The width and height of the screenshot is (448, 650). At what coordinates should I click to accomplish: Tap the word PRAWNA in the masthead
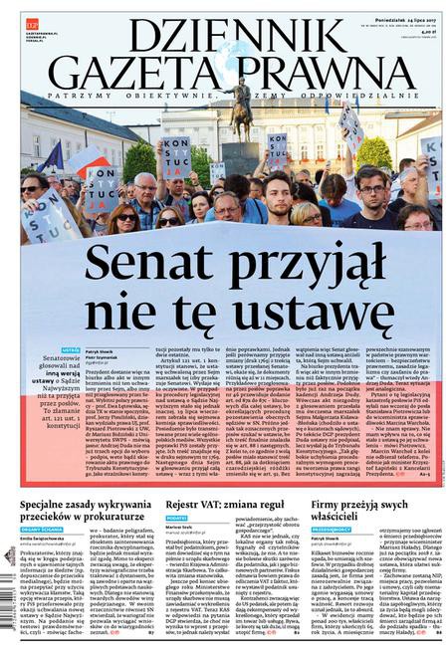pos(328,72)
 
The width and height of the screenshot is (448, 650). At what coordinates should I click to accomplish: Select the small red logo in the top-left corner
pos(32,19)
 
